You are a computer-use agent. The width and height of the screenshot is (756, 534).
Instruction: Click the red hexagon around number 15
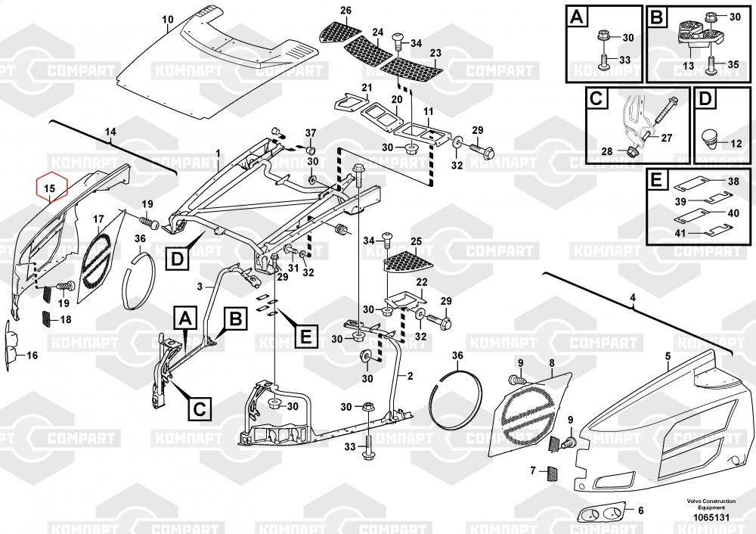pyautogui.click(x=51, y=187)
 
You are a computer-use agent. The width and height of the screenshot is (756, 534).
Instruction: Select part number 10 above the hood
pyautogui.click(x=168, y=19)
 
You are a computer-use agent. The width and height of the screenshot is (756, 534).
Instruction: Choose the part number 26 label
pyautogui.click(x=346, y=11)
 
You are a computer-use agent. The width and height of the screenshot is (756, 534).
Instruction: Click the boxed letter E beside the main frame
pyautogui.click(x=305, y=335)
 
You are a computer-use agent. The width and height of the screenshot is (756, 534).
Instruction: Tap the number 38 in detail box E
pyautogui.click(x=734, y=182)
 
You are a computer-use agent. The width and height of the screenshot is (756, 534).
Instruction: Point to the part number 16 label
pyautogui.click(x=32, y=355)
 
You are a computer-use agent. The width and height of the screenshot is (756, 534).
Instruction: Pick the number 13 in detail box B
pyautogui.click(x=688, y=66)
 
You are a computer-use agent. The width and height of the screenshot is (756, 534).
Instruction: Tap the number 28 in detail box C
pyautogui.click(x=607, y=151)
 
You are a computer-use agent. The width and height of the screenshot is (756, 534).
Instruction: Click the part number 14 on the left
pyautogui.click(x=111, y=132)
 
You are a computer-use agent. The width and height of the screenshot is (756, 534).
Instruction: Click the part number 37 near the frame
pyautogui.click(x=310, y=134)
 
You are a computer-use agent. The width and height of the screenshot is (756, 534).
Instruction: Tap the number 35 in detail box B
pyautogui.click(x=733, y=64)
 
